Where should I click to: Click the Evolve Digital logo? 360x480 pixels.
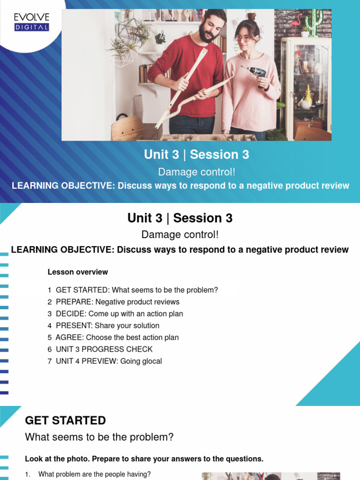(x=31, y=22)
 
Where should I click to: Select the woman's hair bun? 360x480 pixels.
(x=252, y=17)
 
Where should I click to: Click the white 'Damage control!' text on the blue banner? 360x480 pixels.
(x=196, y=172)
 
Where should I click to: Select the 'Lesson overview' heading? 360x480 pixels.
(x=78, y=272)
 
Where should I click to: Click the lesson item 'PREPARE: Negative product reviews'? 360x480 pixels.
(x=117, y=302)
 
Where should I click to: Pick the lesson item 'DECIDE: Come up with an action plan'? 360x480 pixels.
(x=119, y=314)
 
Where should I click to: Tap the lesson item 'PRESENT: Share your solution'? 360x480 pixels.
(x=107, y=325)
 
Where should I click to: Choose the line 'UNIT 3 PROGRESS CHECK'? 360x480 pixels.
(x=104, y=349)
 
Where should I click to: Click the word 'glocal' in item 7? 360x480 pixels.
(x=151, y=361)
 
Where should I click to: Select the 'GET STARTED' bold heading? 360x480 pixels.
(x=65, y=420)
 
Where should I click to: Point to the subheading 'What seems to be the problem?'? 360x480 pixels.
(x=99, y=437)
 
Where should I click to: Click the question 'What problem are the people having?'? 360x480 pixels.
(x=94, y=474)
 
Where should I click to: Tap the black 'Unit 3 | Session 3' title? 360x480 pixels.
(x=180, y=218)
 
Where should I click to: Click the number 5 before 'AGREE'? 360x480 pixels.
(x=50, y=337)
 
